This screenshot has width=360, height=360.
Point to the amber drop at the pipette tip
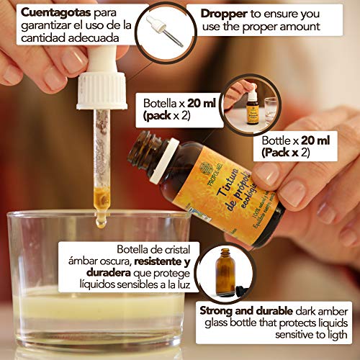[101, 220]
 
